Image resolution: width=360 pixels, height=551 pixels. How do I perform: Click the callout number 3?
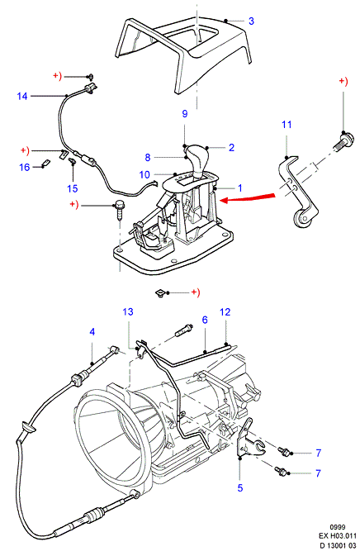coord(251,21)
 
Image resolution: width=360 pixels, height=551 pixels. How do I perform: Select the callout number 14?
coord(22,96)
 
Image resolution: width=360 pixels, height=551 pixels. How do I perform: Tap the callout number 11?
coord(287,125)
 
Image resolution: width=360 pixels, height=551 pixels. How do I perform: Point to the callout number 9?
coord(185,114)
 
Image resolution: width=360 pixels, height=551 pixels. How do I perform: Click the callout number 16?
coord(24,167)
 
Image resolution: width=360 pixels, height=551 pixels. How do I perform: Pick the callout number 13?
coord(128,311)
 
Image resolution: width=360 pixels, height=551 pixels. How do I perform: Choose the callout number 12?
coord(225,311)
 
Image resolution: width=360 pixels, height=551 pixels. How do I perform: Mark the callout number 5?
coord(240,487)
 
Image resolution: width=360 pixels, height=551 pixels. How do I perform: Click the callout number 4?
coord(92,331)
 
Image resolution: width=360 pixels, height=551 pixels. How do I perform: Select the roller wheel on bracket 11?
coord(302,221)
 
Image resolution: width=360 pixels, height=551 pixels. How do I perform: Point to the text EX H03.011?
coord(337,536)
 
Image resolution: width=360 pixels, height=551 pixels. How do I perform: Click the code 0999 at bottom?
coord(337,527)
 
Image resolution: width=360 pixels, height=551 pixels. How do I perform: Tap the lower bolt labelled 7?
coord(282,470)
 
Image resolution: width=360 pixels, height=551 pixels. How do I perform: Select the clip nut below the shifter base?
coord(160,292)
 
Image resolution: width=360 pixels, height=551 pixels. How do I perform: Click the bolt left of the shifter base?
coord(119,210)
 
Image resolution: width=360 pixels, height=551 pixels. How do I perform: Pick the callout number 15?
coord(73,188)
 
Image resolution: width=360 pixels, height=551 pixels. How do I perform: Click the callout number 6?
coord(205,320)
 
